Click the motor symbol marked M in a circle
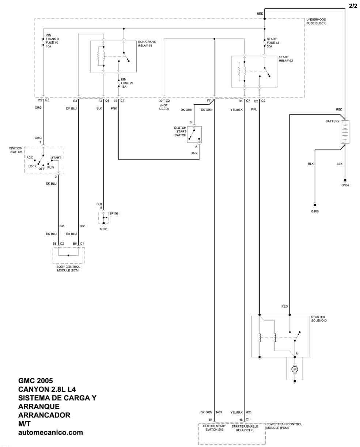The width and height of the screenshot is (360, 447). coord(295,369)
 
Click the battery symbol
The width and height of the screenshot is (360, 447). coord(345,132)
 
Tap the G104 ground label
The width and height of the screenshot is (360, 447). coord(345,186)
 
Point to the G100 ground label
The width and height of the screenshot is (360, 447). coord(315,211)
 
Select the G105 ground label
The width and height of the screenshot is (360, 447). coord(103,229)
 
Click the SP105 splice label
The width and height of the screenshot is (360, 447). coord(114,213)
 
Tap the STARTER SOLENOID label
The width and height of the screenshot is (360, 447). coord(319,319)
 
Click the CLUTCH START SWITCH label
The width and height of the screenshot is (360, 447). coord(180,131)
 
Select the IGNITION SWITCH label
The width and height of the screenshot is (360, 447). coord(16,150)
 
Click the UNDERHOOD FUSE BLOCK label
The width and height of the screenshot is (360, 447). coord(316,21)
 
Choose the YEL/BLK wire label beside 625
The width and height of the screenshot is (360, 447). coord(237,412)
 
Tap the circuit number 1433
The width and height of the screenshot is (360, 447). coord(219,412)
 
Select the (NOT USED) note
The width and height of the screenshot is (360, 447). coord(164,107)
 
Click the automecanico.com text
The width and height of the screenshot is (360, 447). coord(50,432)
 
